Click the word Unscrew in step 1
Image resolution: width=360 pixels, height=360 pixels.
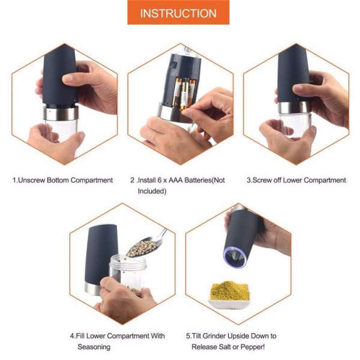[34, 180]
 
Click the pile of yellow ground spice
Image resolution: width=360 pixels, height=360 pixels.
[229, 291]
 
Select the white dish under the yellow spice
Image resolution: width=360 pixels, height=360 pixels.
[229, 304]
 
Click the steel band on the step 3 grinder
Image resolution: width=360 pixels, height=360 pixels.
[294, 107]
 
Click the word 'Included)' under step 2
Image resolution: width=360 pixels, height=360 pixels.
[152, 191]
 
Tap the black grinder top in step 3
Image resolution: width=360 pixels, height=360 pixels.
[293, 72]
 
